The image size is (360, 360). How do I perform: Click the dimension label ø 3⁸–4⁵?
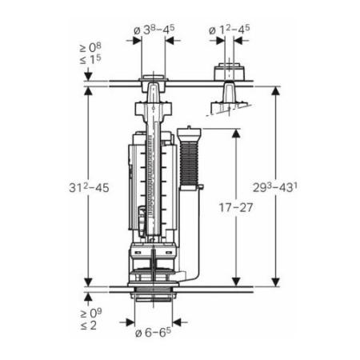tap(154, 30)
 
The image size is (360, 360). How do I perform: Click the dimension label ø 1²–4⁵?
tap(229, 30)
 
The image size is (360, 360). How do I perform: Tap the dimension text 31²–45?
tap(89, 187)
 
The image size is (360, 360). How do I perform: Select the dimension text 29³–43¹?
tap(275, 187)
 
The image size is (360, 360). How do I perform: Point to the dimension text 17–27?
tap(236, 207)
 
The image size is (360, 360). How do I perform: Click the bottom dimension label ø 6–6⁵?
tap(153, 332)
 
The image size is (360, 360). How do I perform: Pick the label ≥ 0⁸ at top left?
tap(90, 48)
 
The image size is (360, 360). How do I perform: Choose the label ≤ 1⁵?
tap(90, 59)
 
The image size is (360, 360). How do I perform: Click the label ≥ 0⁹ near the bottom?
tap(91, 313)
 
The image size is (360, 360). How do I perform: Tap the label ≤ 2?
tap(89, 325)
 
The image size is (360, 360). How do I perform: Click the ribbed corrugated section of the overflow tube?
tap(190, 163)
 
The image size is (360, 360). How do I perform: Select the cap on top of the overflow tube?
tap(189, 134)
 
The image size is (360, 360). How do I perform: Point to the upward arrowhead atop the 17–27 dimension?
tap(236, 134)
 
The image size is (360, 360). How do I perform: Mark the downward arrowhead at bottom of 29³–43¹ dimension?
tap(275, 282)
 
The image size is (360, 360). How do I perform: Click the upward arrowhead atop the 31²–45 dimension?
tap(88, 91)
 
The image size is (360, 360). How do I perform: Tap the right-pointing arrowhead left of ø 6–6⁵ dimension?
tap(130, 322)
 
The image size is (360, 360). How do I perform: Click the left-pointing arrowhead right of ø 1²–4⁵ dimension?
tap(238, 41)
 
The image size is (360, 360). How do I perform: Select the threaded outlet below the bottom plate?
tap(154, 297)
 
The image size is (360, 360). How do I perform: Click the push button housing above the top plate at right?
tap(230, 71)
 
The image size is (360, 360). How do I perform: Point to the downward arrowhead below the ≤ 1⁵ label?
tap(88, 76)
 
